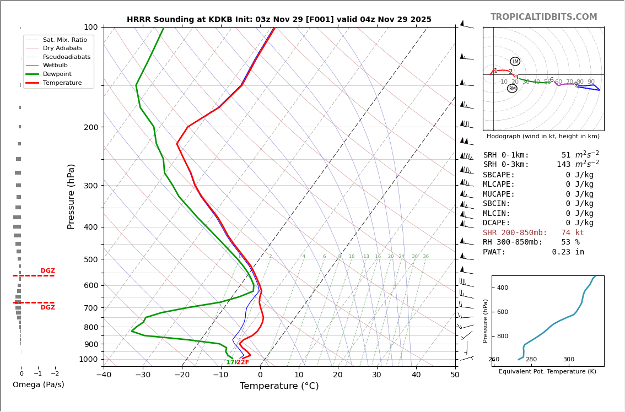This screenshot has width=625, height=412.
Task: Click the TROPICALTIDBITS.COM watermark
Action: (543, 17)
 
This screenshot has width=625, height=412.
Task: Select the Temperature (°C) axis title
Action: (279, 387)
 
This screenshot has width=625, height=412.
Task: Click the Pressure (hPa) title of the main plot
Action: (72, 196)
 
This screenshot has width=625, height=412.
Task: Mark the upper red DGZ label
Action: (47, 271)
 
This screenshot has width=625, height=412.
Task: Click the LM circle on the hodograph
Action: (515, 61)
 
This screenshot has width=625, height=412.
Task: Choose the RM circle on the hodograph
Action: (512, 88)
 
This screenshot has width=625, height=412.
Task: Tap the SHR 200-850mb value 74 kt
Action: (573, 233)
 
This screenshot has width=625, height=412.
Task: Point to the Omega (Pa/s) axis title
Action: (38, 385)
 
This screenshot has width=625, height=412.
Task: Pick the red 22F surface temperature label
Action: (243, 362)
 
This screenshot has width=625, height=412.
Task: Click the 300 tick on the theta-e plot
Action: (568, 360)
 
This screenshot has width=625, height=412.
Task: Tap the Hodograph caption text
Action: (543, 137)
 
